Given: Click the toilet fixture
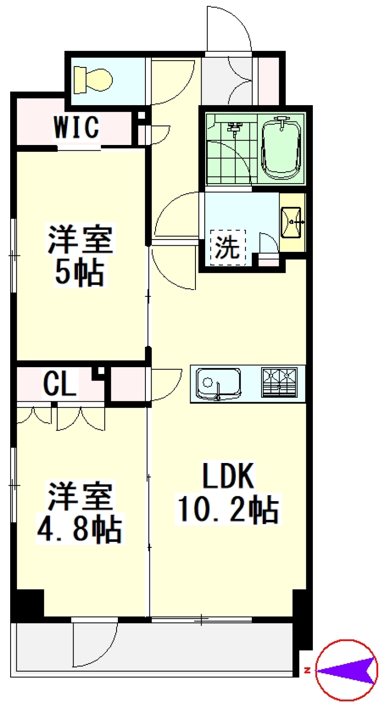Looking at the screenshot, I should click(x=93, y=80).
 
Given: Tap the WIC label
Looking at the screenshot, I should click(x=76, y=127).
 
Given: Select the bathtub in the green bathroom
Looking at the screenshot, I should click(x=282, y=148).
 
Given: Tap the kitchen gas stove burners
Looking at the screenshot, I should click(x=279, y=382).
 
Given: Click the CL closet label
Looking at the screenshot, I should click(x=60, y=384).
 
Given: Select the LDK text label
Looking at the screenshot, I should click(x=228, y=476).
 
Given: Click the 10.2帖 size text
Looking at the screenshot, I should click(x=228, y=509).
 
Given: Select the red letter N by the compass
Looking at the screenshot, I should click(x=307, y=670).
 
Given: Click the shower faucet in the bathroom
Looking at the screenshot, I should click(x=234, y=128).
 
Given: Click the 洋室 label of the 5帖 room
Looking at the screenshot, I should click(x=80, y=240).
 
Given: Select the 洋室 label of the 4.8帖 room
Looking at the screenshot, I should click(x=80, y=496).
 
